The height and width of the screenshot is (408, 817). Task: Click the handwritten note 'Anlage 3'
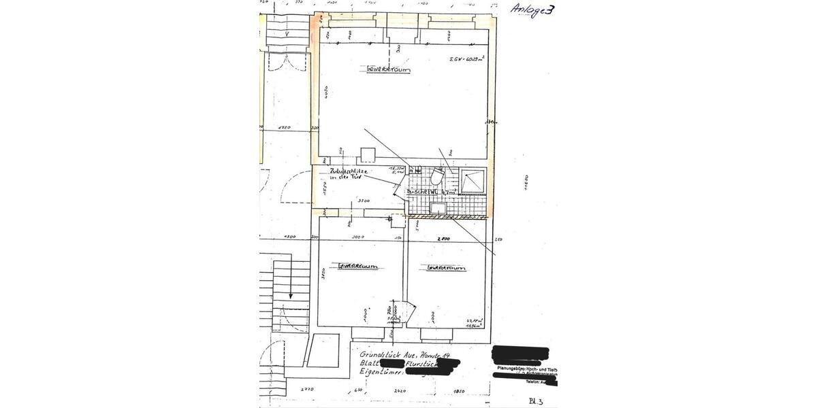tap(532, 10)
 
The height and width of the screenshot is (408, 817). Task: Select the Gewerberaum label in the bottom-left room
tap(358, 266)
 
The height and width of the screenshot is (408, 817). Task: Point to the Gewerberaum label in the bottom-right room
tap(446, 268)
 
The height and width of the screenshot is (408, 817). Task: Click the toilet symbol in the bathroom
tap(436, 177)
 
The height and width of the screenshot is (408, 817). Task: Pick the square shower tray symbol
tap(471, 182)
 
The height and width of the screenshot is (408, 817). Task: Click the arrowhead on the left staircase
tap(291, 296)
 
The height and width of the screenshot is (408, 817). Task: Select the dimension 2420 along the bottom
tap(400, 391)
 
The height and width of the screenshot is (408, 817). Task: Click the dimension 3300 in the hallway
tap(364, 201)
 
